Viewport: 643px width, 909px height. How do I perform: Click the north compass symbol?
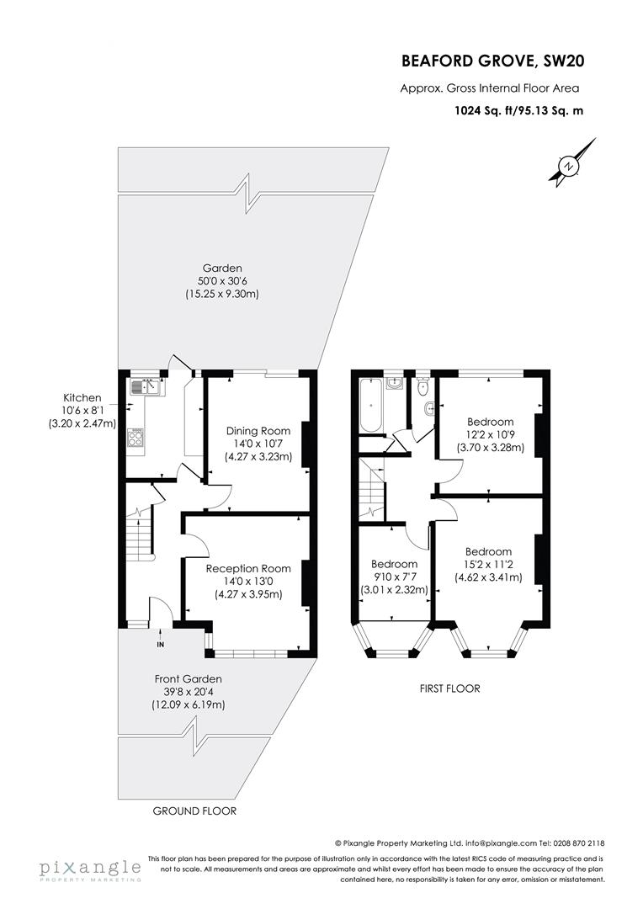570,167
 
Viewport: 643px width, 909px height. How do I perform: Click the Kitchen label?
82,397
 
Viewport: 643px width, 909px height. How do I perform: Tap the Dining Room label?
258,431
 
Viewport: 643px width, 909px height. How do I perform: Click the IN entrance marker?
160,645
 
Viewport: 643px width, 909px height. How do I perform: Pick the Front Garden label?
188,679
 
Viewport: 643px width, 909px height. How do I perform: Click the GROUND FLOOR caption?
194,811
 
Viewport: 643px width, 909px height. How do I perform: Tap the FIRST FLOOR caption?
450,688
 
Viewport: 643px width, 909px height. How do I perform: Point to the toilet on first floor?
422,387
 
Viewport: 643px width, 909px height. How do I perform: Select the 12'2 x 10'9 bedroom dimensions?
491,435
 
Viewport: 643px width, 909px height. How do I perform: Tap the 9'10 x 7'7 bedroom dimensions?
394,577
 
